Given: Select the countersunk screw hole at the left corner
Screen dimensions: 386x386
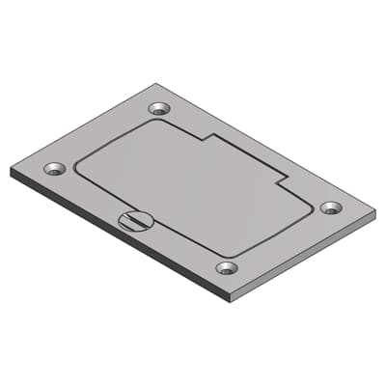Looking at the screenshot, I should pyautogui.click(x=54, y=169).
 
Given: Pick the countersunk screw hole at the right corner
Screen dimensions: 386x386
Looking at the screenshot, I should pyautogui.click(x=330, y=207).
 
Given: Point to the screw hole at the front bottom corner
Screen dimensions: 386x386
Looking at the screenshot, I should pyautogui.click(x=227, y=267).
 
